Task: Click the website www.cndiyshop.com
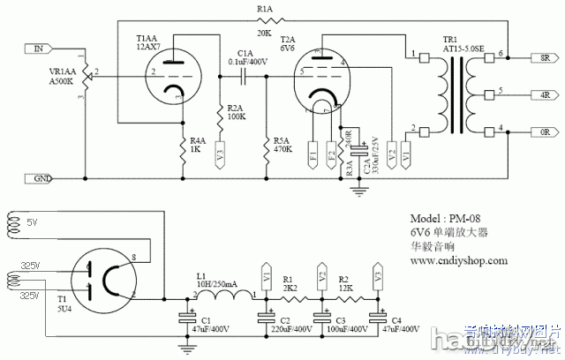(x=458, y=261)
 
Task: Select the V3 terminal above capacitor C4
(x=378, y=274)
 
